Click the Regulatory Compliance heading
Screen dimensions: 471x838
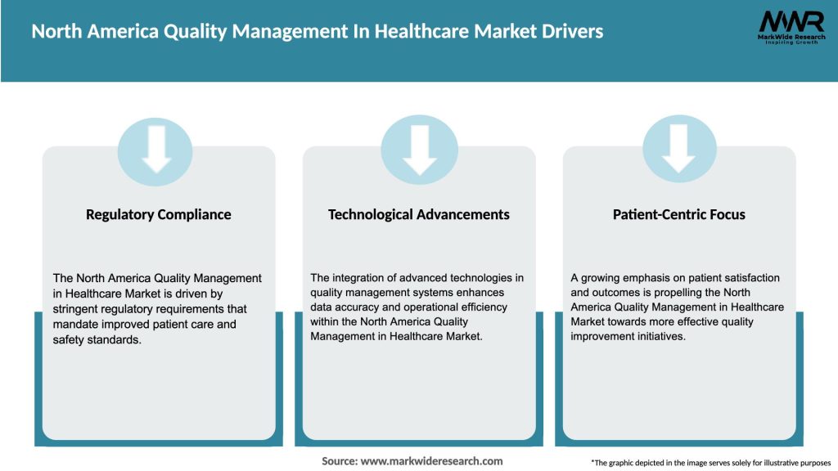[x=159, y=215]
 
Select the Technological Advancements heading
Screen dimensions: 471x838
[x=419, y=215]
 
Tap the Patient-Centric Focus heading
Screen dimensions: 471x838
[x=679, y=215]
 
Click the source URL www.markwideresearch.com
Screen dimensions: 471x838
[x=431, y=461]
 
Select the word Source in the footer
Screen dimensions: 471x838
[x=338, y=461]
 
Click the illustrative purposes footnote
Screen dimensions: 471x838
[x=710, y=463]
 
